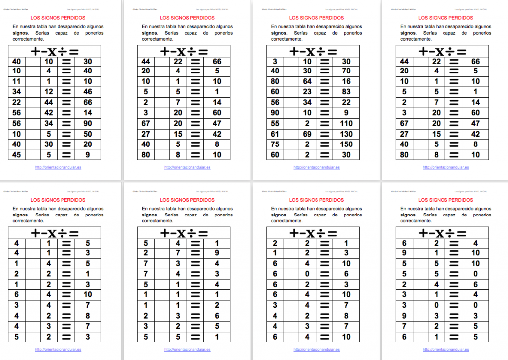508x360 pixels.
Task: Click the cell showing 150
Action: point(346,144)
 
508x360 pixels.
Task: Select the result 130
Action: point(346,134)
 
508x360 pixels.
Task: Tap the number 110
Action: point(346,124)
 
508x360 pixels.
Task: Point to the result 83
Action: point(346,92)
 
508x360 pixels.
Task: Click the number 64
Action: point(307,82)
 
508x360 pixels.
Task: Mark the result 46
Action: point(88,92)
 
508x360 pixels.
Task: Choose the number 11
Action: point(16,82)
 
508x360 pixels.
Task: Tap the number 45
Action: point(16,155)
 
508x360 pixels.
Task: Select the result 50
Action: point(88,134)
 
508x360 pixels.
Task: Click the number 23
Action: point(307,92)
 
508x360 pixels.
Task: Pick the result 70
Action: point(346,72)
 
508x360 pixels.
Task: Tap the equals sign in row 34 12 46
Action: point(66,92)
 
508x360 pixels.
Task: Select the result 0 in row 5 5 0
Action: point(475,274)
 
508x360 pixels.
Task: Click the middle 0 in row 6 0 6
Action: point(307,274)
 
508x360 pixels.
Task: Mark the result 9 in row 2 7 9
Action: point(217,253)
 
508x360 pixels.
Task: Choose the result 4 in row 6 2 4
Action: point(475,243)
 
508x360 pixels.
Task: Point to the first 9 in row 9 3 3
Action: point(404,316)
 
